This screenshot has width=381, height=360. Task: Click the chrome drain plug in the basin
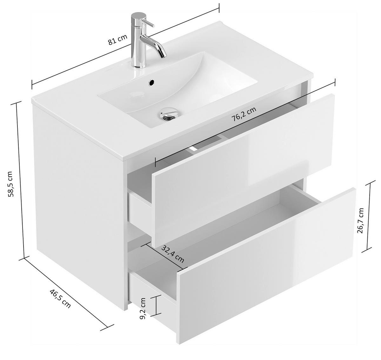169,112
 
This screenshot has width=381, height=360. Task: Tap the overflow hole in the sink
152,83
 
